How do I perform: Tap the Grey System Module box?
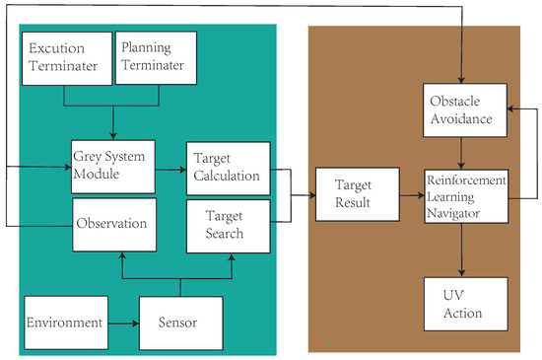(x=111, y=167)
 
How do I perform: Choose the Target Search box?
(x=228, y=224)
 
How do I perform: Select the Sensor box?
(x=178, y=322)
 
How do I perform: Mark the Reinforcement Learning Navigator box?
(x=465, y=195)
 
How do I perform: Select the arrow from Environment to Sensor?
(x=120, y=322)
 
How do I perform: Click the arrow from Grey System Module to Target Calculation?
(x=170, y=169)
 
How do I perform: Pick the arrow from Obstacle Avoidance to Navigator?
(x=465, y=153)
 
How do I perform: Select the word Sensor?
(x=178, y=323)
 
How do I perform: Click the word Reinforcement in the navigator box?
(x=466, y=180)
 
